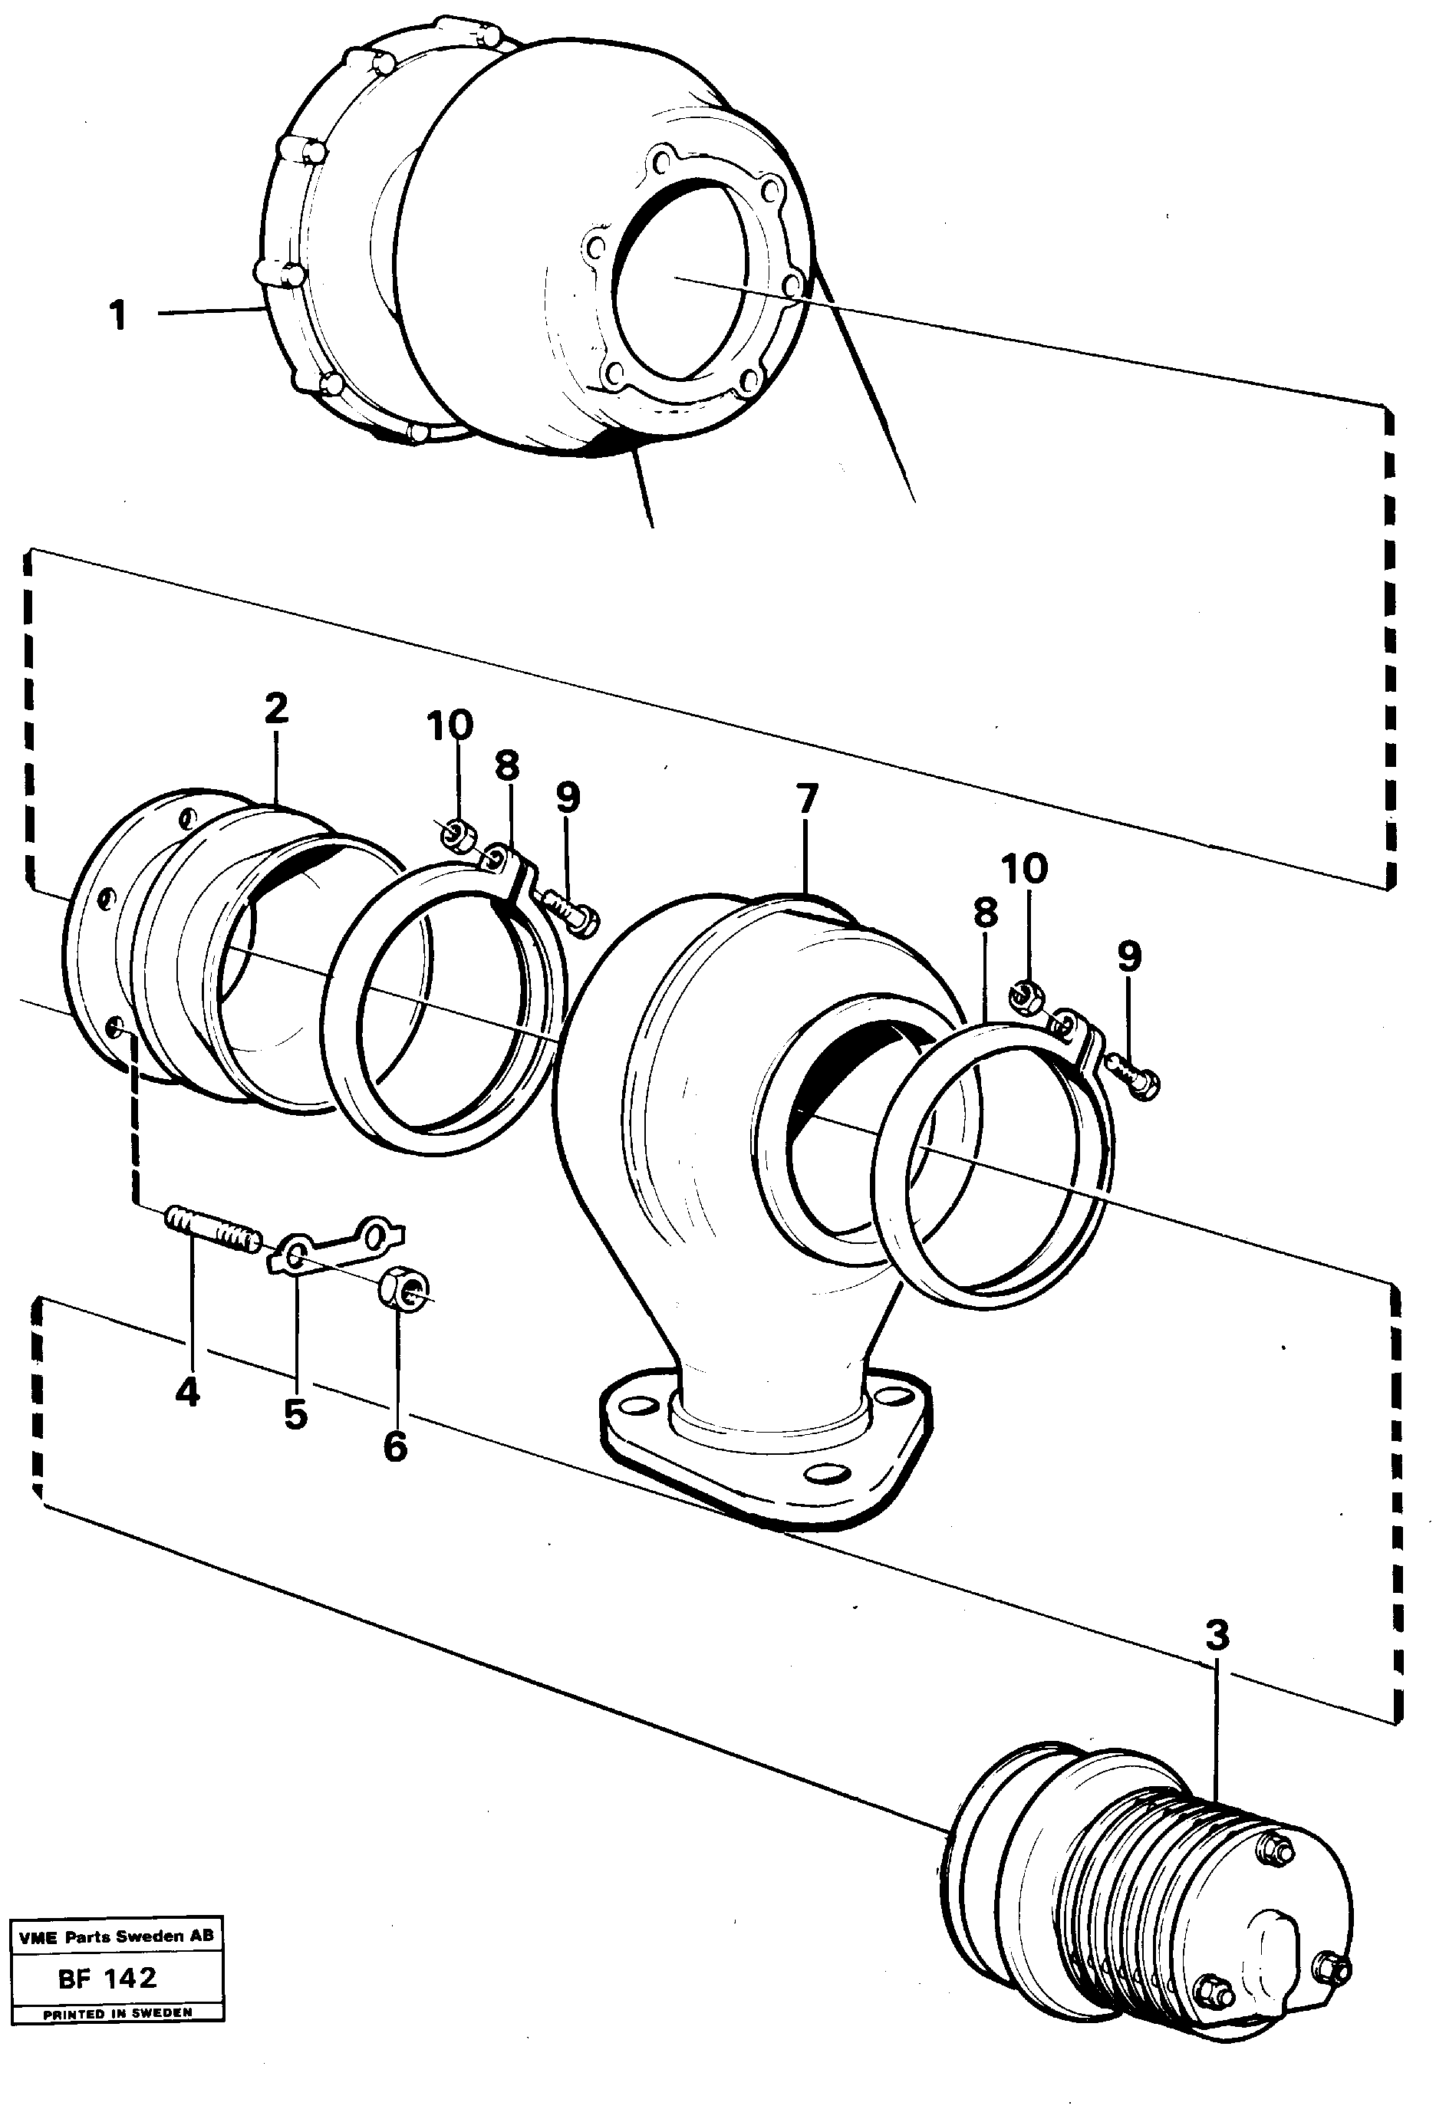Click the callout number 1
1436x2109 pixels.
tap(117, 316)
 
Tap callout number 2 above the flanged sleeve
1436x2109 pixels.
tap(276, 708)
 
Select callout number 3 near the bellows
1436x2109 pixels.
tap(1217, 1635)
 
